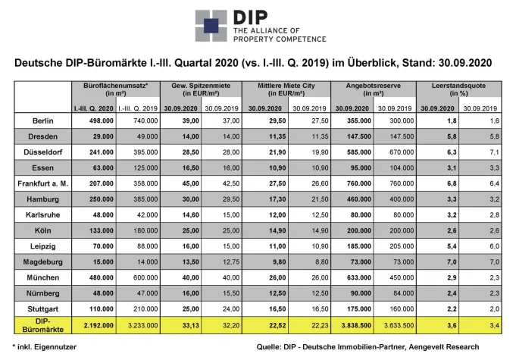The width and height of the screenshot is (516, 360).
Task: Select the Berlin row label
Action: (44, 121)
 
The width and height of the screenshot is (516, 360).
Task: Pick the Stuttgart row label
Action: (44, 310)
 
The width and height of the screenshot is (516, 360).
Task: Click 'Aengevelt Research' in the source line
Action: (452, 349)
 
